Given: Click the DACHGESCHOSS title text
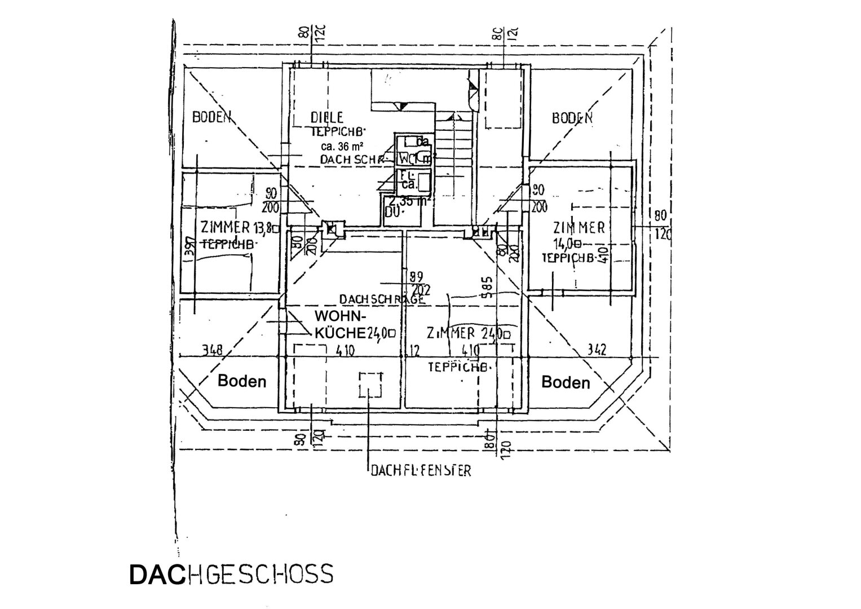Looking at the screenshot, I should pyautogui.click(x=231, y=574).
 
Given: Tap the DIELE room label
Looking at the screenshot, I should pyautogui.click(x=326, y=117).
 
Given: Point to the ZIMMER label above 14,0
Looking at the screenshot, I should pyautogui.click(x=579, y=228).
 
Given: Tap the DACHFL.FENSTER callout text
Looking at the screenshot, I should pyautogui.click(x=420, y=470).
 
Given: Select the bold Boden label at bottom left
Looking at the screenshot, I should pyautogui.click(x=241, y=381).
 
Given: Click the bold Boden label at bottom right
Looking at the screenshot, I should pyautogui.click(x=565, y=383).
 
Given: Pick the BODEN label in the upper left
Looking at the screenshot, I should pyautogui.click(x=212, y=117).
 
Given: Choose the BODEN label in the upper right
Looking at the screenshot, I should pyautogui.click(x=572, y=118).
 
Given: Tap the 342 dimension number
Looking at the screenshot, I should pyautogui.click(x=596, y=350).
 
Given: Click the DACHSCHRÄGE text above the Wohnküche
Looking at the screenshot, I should pyautogui.click(x=382, y=299).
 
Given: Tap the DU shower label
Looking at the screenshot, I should pyautogui.click(x=394, y=213).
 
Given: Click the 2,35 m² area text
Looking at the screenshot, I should pyautogui.click(x=409, y=200).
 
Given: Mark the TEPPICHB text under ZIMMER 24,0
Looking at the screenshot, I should pyautogui.click(x=457, y=367).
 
